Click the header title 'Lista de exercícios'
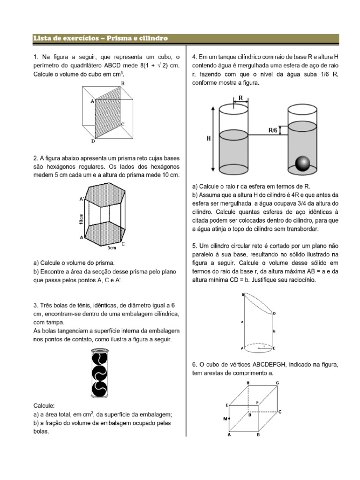[x=60, y=37]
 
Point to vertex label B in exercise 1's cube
[x=122, y=83]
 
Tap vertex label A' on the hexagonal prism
[x=82, y=198]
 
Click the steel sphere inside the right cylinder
[x=303, y=164]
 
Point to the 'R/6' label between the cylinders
[x=273, y=131]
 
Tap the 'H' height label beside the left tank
[x=208, y=139]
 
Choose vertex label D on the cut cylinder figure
[x=274, y=313]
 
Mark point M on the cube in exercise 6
[x=225, y=419]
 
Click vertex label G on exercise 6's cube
[x=277, y=383]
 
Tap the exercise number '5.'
[x=195, y=246]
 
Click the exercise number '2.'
[x=35, y=158]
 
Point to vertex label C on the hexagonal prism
[x=123, y=244]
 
